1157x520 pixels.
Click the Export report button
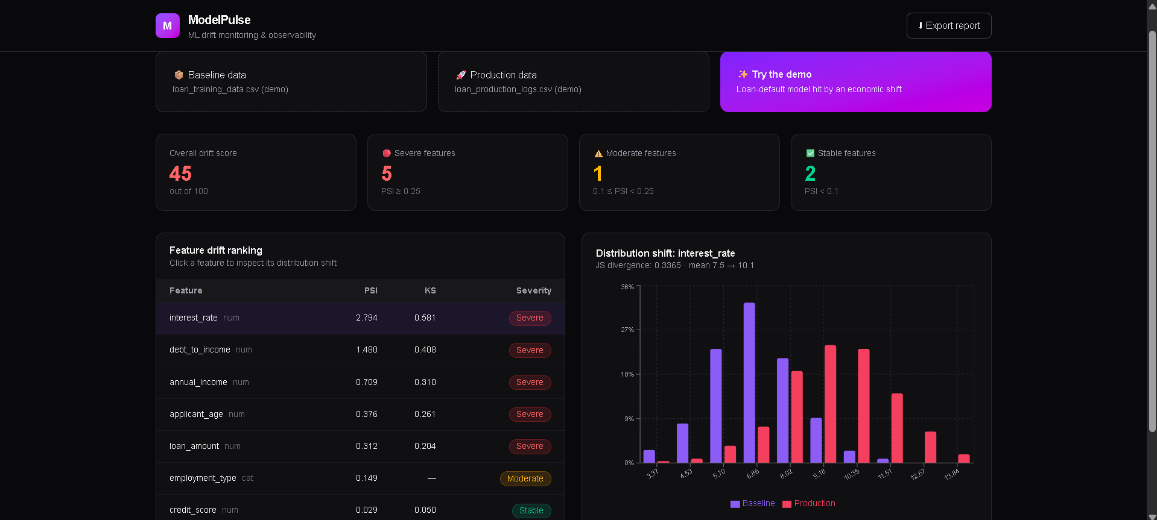[x=949, y=26]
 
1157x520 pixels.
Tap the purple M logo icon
[x=168, y=26]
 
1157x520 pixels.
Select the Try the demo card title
[x=782, y=74]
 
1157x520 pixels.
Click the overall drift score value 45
[x=180, y=174]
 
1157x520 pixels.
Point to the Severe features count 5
[x=387, y=174]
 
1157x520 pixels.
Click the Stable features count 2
[x=810, y=174]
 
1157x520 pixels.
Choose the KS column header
[x=430, y=290]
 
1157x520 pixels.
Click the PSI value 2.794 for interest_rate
[x=367, y=318]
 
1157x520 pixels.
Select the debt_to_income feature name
[x=200, y=349]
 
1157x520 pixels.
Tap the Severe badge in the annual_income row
[x=530, y=382]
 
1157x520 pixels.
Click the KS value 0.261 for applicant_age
[x=425, y=414]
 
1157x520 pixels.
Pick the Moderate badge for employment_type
[x=525, y=478]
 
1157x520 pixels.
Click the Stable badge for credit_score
[x=531, y=510]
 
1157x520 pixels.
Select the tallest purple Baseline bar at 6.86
[x=749, y=383]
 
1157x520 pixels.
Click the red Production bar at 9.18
[x=830, y=404]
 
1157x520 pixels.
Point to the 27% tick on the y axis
[x=627, y=330]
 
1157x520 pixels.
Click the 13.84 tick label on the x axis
[x=951, y=474]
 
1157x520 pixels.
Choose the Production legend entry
[x=809, y=503]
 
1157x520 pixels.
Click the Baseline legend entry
[x=753, y=503]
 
